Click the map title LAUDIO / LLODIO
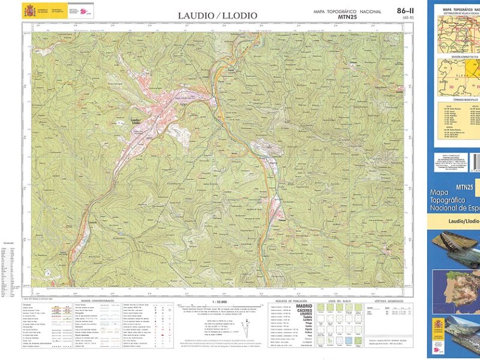click(x=217, y=15)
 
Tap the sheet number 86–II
click(x=405, y=11)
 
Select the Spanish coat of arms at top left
click(x=29, y=10)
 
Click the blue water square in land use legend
click(x=348, y=340)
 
